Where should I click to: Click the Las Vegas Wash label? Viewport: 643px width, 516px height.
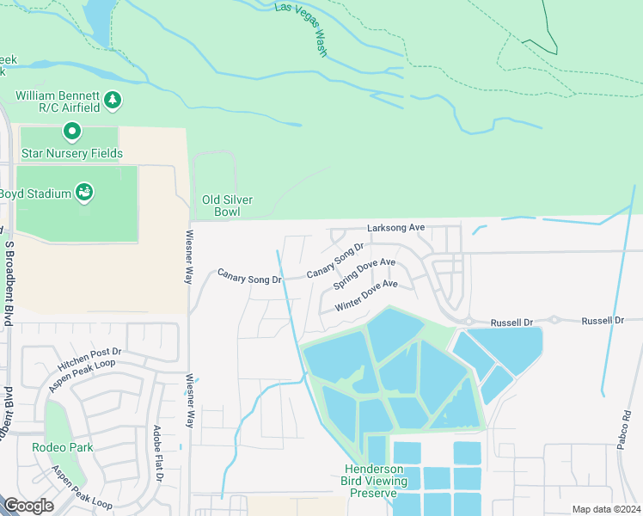pyautogui.click(x=302, y=28)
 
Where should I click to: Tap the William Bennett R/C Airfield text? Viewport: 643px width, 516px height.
pyautogui.click(x=57, y=101)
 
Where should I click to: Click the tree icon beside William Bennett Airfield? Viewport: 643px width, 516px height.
pyautogui.click(x=113, y=101)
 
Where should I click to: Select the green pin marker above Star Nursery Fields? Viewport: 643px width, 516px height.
pyautogui.click(x=72, y=132)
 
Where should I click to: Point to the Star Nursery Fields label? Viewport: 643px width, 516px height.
pyautogui.click(x=72, y=153)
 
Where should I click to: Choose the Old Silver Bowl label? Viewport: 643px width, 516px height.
pyautogui.click(x=227, y=206)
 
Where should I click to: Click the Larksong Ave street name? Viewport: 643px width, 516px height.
pyautogui.click(x=395, y=228)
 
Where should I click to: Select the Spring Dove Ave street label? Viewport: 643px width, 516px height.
pyautogui.click(x=364, y=273)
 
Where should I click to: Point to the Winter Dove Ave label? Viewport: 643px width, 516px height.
pyautogui.click(x=367, y=294)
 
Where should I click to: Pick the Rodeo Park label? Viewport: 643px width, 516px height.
pyautogui.click(x=61, y=447)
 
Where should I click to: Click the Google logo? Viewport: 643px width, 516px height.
pyautogui.click(x=28, y=506)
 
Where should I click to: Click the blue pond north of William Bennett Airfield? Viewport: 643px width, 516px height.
pyautogui.click(x=99, y=21)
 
